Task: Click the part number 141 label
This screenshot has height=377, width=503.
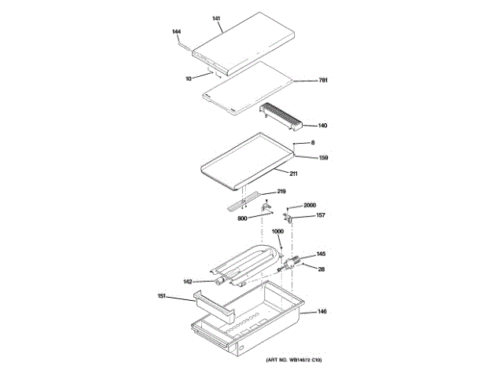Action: (218, 17)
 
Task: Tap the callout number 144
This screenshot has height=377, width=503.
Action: (177, 31)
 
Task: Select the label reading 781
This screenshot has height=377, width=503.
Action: (322, 81)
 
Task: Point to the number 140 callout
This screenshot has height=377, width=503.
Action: (322, 125)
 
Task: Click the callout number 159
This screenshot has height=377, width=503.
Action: (323, 158)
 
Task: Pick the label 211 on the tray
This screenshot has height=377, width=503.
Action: (293, 173)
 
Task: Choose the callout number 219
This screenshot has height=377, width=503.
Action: (281, 192)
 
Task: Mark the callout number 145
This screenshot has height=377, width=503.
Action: (321, 254)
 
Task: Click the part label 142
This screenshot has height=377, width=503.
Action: (188, 281)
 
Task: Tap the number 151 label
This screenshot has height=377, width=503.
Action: (161, 296)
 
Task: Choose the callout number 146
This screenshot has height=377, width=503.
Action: (322, 312)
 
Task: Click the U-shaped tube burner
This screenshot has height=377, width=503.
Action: (248, 263)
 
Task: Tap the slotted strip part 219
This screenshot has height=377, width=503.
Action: (242, 203)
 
